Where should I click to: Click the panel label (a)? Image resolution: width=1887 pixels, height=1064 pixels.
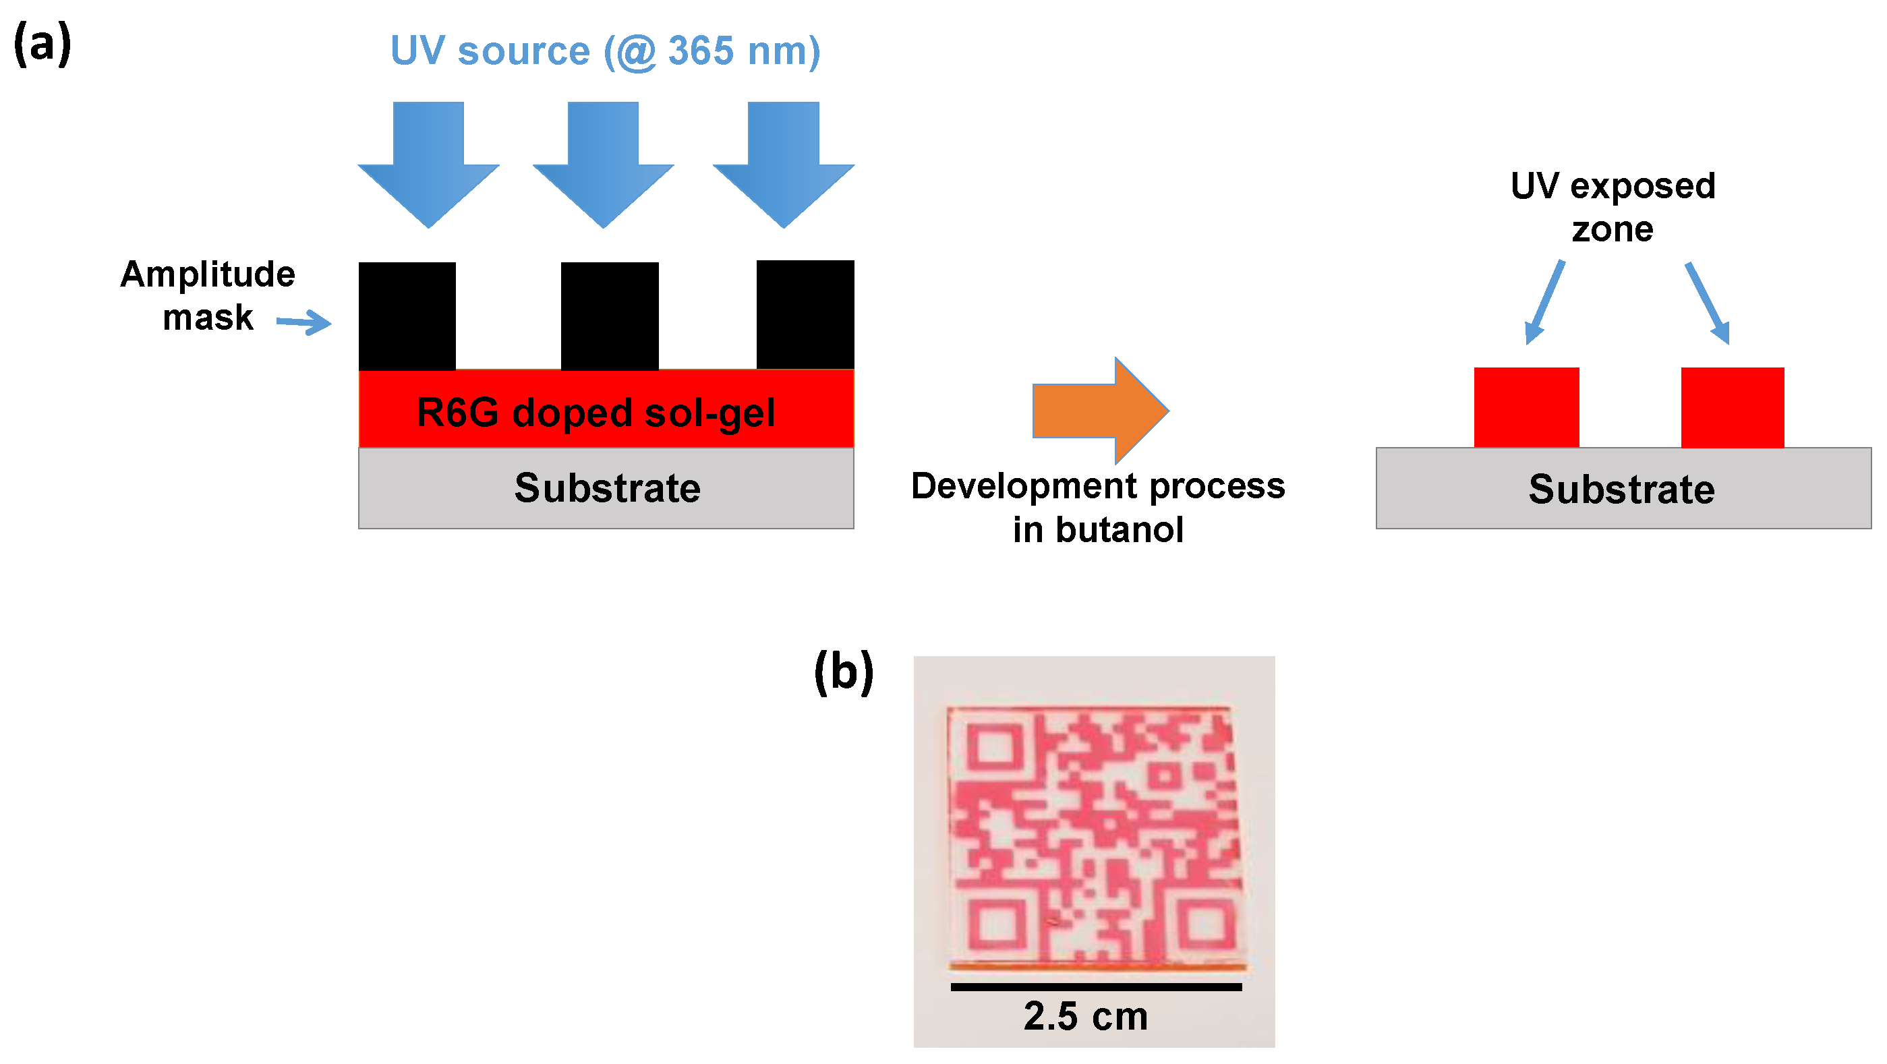coord(42,44)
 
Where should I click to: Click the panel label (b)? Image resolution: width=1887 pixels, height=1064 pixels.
coord(844,672)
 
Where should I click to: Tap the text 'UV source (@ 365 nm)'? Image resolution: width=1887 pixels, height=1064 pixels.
coord(605,51)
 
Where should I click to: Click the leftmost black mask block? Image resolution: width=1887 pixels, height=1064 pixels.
coord(407,316)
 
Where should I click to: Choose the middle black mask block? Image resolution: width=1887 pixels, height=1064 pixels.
coord(610,316)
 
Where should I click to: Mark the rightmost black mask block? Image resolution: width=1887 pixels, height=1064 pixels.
coord(805,315)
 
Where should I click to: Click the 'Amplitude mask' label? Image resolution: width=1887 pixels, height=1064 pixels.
coord(208,296)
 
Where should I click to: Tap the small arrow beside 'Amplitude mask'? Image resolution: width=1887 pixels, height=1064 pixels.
coord(304,322)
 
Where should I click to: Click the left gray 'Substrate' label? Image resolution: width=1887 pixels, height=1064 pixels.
coord(607,488)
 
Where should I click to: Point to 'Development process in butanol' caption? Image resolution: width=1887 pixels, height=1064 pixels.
coord(1098,508)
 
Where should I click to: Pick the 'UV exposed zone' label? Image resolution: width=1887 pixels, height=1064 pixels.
coord(1613,208)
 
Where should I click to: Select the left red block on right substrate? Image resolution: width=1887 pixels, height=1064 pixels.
coord(1526,407)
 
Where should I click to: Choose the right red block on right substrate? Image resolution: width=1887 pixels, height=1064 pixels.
coord(1732,407)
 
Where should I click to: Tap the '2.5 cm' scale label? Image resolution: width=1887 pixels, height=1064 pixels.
coord(1086,1016)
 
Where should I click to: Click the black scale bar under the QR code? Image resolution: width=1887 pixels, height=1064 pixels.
coord(1096,987)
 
